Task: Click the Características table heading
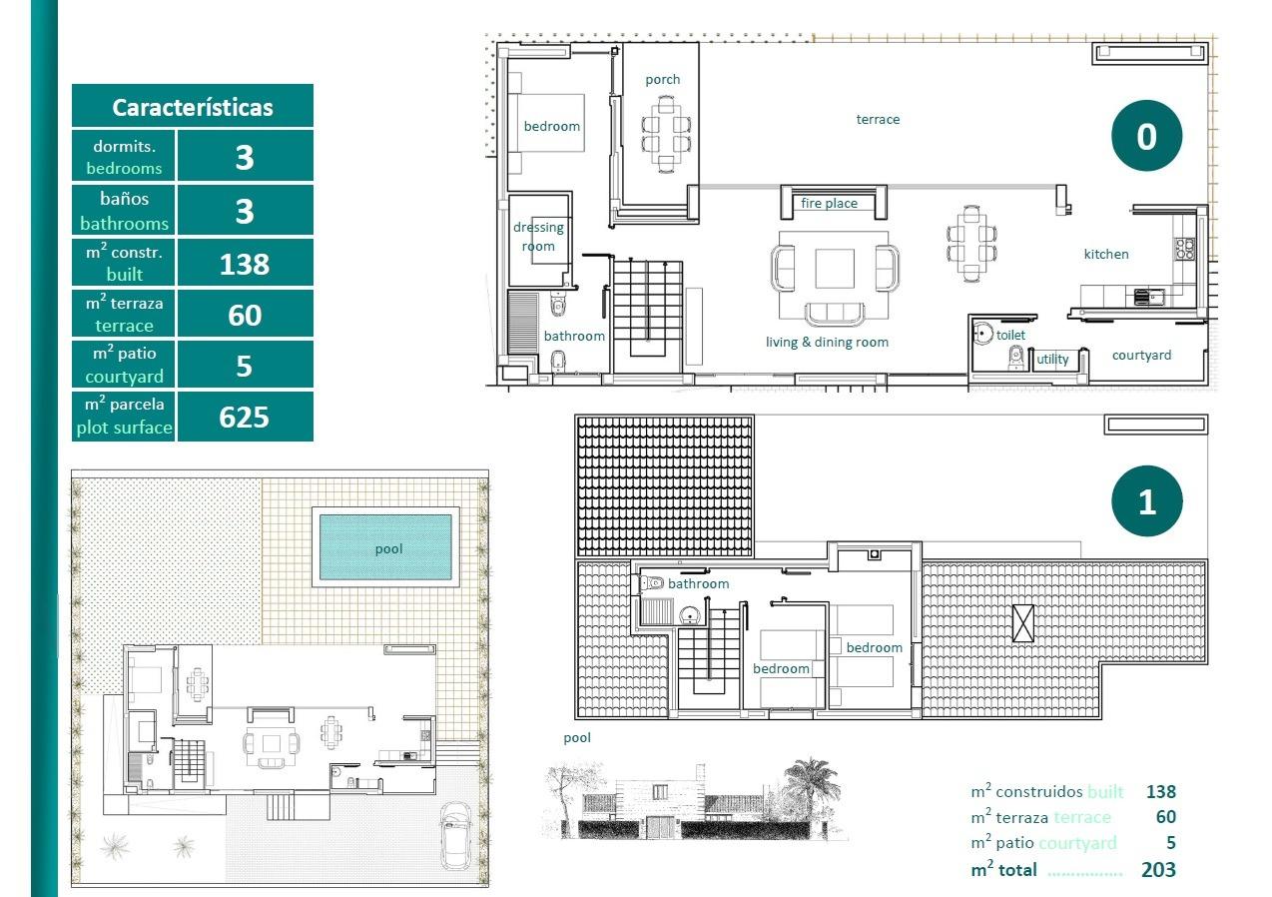[x=192, y=107]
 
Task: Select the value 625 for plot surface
[x=245, y=417]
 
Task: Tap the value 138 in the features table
[x=245, y=264]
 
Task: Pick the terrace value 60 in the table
[x=245, y=315]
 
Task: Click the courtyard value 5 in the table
[x=245, y=366]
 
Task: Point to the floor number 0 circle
[x=1146, y=136]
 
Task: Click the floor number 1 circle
[x=1146, y=501]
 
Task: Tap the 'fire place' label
[x=829, y=204]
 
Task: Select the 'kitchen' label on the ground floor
[x=1106, y=255]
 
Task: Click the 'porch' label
[x=662, y=80]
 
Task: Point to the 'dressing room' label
[x=538, y=237]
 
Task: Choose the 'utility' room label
[x=1052, y=360]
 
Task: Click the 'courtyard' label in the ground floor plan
[x=1141, y=356]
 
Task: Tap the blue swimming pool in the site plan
[x=387, y=547]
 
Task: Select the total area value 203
[x=1158, y=870]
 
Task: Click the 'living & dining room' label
[x=827, y=343]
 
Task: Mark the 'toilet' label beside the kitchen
[x=1010, y=336]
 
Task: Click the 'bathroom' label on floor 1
[x=698, y=584]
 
